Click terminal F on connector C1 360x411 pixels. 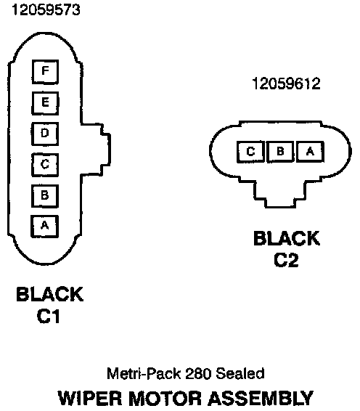point(45,72)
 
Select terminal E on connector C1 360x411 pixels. point(45,103)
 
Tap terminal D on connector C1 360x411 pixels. point(45,134)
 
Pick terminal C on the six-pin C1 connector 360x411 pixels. point(45,165)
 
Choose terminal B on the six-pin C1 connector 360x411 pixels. point(45,196)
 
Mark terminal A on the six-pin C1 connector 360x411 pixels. point(44,227)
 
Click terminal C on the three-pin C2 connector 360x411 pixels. point(250,152)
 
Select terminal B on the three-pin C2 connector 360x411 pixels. point(280,152)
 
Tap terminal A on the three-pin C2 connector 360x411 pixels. point(310,152)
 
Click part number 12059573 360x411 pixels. point(46,10)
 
